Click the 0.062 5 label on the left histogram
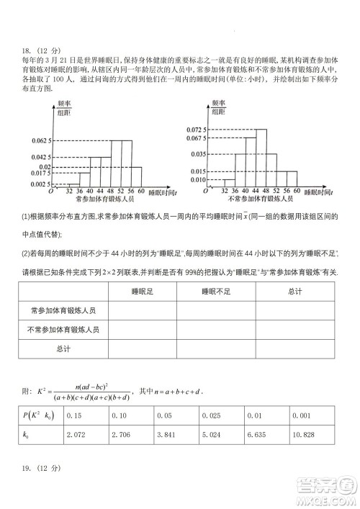point(39,140)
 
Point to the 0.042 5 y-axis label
point(39,156)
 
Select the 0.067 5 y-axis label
point(195,138)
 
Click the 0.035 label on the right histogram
point(198,153)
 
